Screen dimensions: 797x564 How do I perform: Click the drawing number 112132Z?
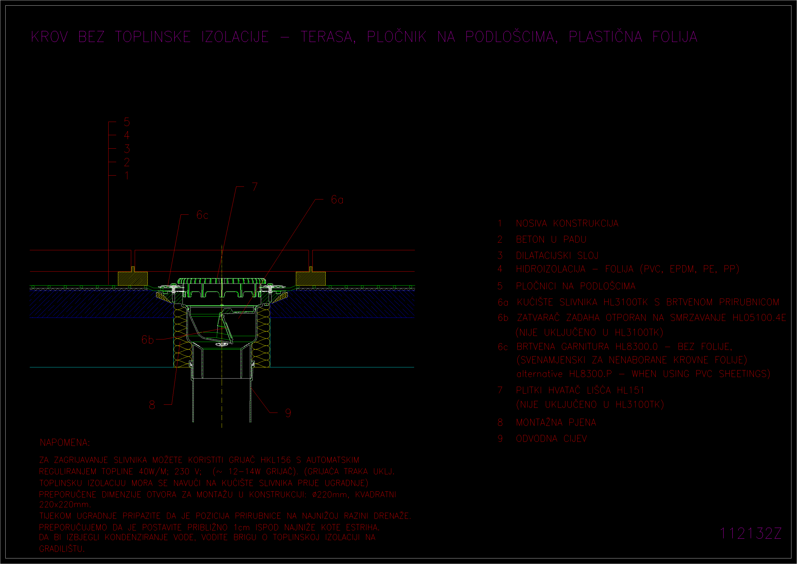click(750, 533)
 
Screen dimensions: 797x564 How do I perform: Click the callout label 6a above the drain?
click(337, 199)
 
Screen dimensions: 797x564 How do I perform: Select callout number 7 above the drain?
click(255, 187)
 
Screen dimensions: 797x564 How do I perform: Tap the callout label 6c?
click(202, 215)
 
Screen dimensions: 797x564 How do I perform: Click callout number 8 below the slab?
click(152, 405)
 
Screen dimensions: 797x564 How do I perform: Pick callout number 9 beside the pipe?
click(288, 413)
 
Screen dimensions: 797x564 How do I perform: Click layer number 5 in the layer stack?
click(127, 122)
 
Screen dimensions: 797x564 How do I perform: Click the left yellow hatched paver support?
click(133, 278)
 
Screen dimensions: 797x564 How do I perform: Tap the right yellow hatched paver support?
click(311, 278)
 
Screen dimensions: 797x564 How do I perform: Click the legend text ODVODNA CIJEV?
click(551, 439)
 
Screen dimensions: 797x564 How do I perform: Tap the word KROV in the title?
click(50, 37)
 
